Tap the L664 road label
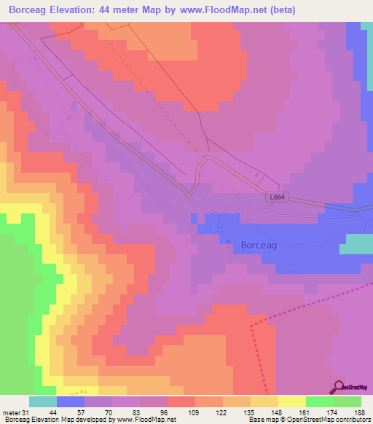pos(276,197)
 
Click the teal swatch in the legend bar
pos(43,401)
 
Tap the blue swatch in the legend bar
pos(71,401)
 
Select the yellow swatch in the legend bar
pos(292,401)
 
